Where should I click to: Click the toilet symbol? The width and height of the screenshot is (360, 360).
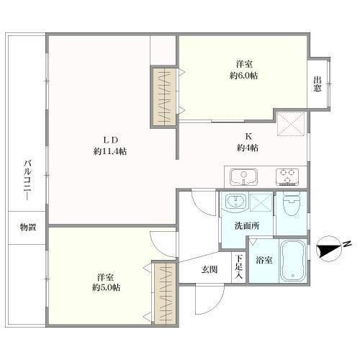click(292, 204)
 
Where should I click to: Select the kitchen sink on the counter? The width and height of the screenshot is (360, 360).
click(244, 177)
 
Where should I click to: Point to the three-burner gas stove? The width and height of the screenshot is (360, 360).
click(287, 177)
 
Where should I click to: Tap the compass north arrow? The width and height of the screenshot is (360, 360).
click(329, 250)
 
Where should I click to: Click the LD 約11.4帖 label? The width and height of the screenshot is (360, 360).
click(110, 145)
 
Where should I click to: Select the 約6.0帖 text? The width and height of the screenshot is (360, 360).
click(244, 76)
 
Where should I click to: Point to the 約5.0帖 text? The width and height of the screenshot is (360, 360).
click(107, 287)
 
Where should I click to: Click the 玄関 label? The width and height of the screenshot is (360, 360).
click(210, 270)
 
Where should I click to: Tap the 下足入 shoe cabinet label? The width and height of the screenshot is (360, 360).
click(238, 266)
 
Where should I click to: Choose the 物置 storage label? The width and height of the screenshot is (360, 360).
click(28, 227)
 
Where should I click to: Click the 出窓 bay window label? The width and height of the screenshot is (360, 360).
click(317, 84)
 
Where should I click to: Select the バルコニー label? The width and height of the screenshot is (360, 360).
click(28, 181)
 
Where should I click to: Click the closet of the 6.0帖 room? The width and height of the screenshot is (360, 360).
click(164, 96)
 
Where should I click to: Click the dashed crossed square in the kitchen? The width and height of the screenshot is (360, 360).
click(291, 124)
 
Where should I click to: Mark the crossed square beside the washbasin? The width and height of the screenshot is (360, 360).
click(261, 202)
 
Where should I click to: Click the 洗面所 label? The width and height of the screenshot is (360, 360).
click(247, 225)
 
